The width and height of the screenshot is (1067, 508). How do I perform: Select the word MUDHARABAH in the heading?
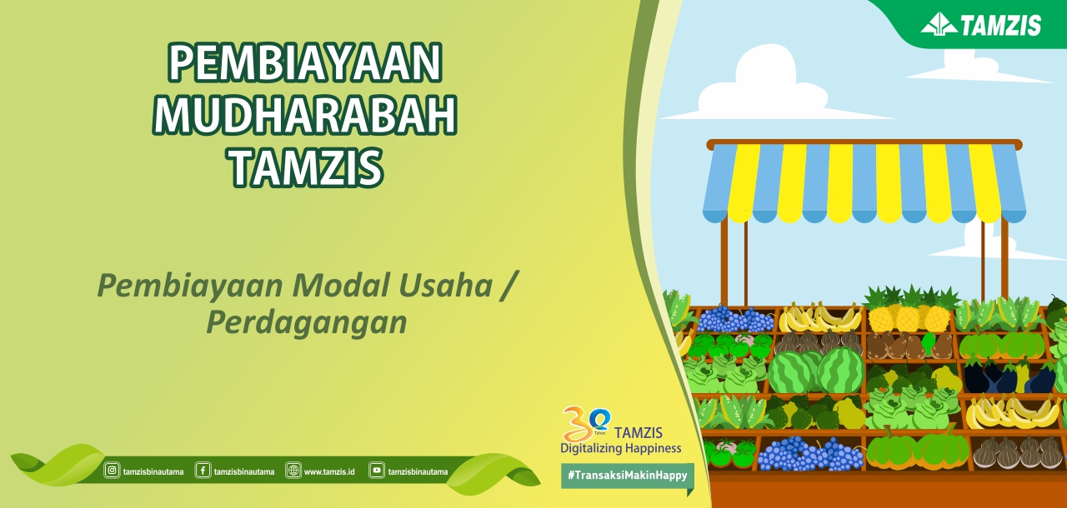(x=305, y=115)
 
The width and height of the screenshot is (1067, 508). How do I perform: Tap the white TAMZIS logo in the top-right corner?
(x=981, y=25)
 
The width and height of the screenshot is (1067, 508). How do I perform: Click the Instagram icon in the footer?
(x=112, y=471)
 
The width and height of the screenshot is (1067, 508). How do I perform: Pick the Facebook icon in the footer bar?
(x=203, y=471)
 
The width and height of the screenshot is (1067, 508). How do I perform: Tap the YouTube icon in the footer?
(x=376, y=471)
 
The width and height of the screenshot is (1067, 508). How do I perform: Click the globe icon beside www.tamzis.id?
(x=293, y=471)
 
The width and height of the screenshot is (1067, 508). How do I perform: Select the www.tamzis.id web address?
(x=329, y=472)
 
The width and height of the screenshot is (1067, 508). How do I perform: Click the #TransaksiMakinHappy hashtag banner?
(x=628, y=476)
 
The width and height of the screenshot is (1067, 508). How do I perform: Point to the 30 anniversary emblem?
(x=586, y=423)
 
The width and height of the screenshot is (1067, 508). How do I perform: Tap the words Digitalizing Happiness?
(x=621, y=448)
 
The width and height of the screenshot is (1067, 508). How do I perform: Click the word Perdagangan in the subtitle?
(x=307, y=324)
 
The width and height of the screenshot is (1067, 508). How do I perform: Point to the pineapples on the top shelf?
(x=911, y=309)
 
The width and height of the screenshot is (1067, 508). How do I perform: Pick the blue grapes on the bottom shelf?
(x=809, y=454)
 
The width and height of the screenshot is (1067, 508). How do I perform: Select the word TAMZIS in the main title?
(x=306, y=167)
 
